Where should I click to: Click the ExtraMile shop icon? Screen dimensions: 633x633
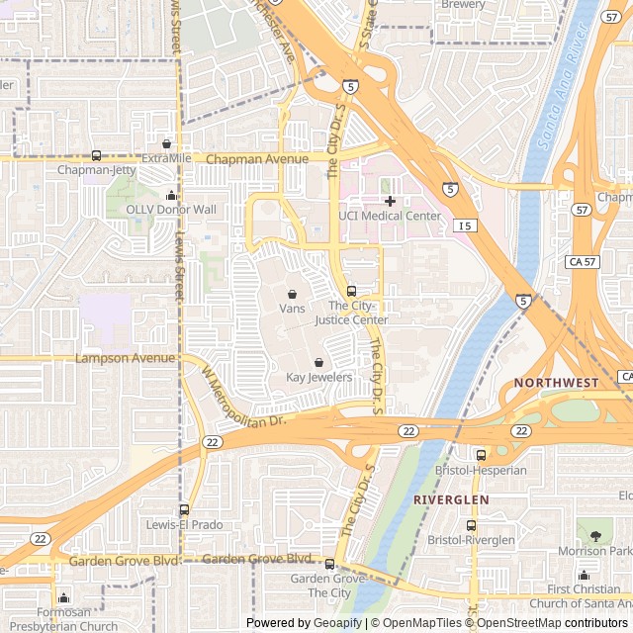(x=166, y=144)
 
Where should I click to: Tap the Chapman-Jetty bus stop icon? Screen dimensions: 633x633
(x=96, y=155)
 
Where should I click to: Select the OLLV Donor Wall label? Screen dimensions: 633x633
(x=171, y=210)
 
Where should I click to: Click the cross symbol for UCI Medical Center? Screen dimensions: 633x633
(x=390, y=201)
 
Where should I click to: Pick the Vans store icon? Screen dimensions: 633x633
(x=293, y=294)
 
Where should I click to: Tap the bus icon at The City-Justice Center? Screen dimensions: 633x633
(x=351, y=291)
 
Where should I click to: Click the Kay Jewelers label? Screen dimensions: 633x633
(x=318, y=377)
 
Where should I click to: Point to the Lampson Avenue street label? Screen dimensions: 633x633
(x=116, y=358)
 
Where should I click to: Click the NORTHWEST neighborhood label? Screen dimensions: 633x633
(x=556, y=383)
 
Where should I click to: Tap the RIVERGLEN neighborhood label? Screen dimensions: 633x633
(x=451, y=500)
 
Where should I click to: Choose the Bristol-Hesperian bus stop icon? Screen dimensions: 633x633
(x=481, y=455)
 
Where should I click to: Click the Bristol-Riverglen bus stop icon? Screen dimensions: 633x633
(x=472, y=525)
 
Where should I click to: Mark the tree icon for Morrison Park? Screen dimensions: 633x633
(x=595, y=535)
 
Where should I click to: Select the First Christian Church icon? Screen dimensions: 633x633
(x=584, y=576)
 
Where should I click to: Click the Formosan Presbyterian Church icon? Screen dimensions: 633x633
(x=64, y=597)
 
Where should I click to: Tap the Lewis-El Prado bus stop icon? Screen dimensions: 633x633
(x=184, y=509)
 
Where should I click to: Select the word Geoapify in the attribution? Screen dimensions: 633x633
(x=337, y=623)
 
